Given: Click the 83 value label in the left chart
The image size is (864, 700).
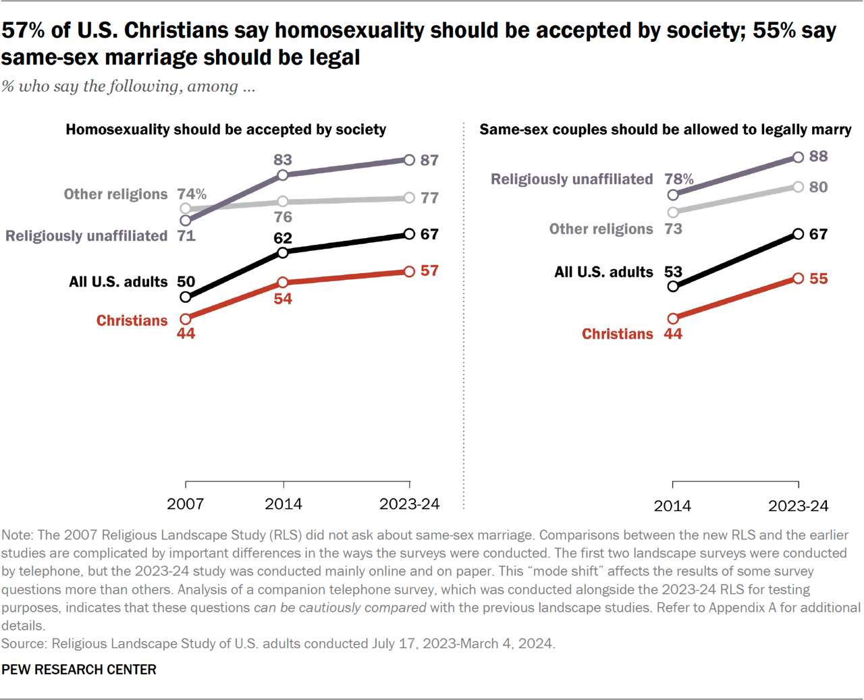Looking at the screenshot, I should tap(282, 160).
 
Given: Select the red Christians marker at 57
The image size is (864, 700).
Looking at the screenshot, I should tap(409, 272).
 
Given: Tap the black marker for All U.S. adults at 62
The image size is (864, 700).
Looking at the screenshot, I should tap(283, 253).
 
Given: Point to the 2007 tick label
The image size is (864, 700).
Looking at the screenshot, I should tap(185, 504).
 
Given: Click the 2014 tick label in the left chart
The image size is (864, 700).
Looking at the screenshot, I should tap(283, 504).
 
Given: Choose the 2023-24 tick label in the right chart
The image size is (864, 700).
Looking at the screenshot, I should tap(798, 506).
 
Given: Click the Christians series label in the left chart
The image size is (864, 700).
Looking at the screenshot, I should tap(132, 320).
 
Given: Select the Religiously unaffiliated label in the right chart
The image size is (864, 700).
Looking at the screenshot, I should tap(571, 179).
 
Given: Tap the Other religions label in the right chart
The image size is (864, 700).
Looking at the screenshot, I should tap(601, 229).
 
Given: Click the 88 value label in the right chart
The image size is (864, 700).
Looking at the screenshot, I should tap(818, 156).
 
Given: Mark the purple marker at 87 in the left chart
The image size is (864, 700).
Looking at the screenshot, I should tap(409, 160).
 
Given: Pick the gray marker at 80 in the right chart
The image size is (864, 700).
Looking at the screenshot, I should tap(798, 187).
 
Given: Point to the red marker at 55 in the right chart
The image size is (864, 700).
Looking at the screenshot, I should tap(798, 279).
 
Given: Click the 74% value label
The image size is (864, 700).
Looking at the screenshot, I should tap(192, 194).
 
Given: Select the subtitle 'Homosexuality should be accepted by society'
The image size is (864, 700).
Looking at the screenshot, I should tap(225, 129).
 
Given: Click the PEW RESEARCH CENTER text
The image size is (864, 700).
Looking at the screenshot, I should tap(79, 670).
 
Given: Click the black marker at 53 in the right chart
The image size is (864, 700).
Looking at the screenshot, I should tap(673, 287).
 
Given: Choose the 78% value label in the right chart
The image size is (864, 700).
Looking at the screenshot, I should tap(678, 179).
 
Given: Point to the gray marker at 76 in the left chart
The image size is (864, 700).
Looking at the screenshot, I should tap(283, 202).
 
